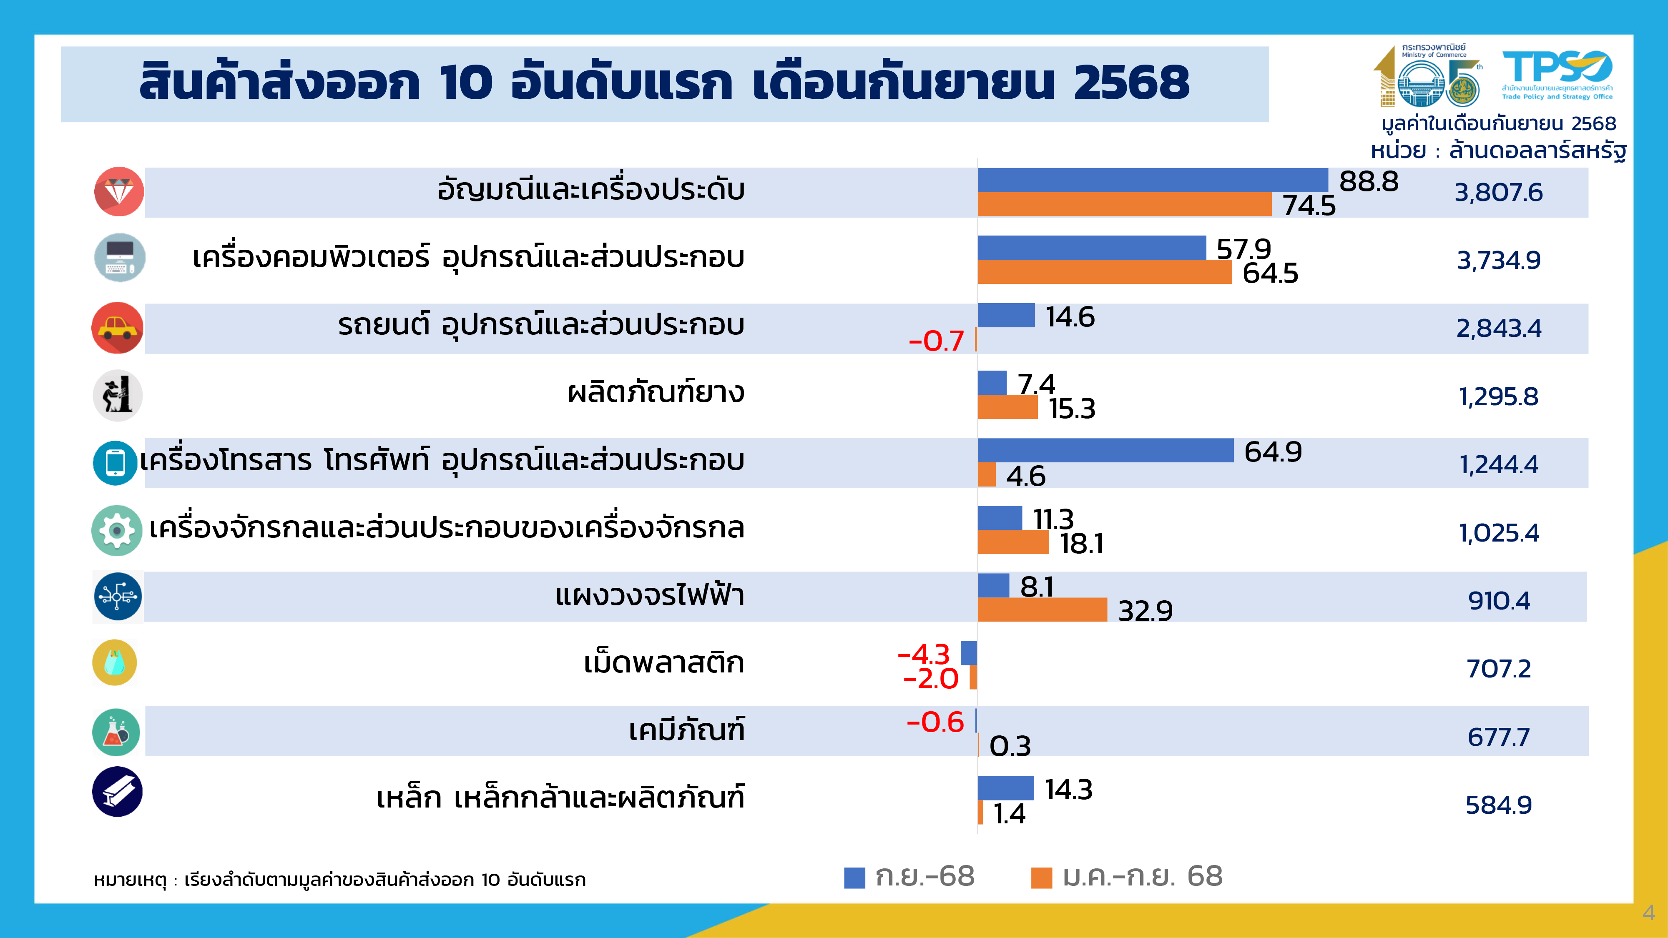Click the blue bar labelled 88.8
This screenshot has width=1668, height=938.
click(x=1153, y=180)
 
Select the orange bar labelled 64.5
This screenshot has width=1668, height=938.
click(x=1105, y=272)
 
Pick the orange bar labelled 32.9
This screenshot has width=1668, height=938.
click(x=1042, y=610)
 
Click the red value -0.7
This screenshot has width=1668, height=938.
click(x=936, y=341)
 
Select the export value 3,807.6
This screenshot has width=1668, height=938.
click(x=1498, y=192)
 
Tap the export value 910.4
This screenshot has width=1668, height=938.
click(x=1498, y=601)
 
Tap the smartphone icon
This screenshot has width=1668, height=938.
click(x=115, y=463)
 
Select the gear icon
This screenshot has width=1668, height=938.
click(x=117, y=531)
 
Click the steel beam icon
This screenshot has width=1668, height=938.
click(x=117, y=792)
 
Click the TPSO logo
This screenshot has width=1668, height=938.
click(x=1557, y=75)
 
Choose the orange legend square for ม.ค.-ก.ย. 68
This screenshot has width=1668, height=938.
click(x=1041, y=878)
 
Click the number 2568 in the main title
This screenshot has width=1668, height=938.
click(x=1131, y=83)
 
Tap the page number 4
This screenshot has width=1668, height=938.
click(x=1648, y=913)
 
